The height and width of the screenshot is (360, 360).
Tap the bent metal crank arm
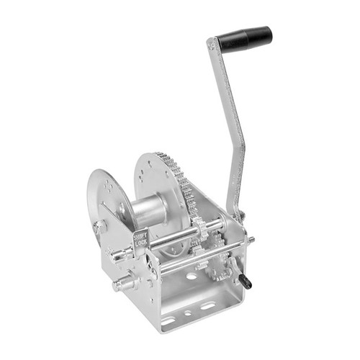[x=235, y=130]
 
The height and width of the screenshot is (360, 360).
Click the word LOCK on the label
[x=142, y=245]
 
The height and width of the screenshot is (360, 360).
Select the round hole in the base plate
[x=192, y=276]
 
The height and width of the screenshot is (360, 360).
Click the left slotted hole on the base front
[x=168, y=320]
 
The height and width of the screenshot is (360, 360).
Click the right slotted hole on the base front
[x=207, y=306]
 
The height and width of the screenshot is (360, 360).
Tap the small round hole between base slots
[x=187, y=313]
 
